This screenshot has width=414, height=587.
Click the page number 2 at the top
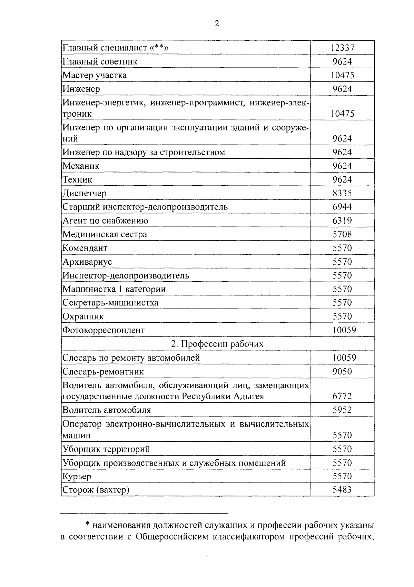tap(217, 23)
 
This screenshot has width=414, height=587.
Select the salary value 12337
tap(342, 48)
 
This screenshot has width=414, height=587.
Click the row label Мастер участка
tap(95, 75)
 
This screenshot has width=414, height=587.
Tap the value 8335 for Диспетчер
tap(342, 193)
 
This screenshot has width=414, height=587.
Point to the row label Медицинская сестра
tap(105, 234)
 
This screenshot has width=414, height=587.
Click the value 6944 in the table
tap(342, 207)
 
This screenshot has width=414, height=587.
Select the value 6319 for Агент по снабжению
tap(342, 221)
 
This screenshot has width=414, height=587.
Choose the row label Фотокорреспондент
tap(103, 330)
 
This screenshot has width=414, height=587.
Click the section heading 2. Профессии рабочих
tap(217, 344)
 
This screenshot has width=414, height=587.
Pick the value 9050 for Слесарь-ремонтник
tap(342, 372)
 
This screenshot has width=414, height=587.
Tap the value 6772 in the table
tap(342, 396)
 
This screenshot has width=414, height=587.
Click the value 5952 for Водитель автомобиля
tap(342, 410)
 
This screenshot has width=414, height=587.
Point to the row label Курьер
tap(77, 477)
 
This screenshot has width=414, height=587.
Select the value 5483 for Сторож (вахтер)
tap(342, 490)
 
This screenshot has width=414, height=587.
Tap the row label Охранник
tap(83, 316)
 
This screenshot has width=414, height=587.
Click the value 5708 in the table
tap(342, 234)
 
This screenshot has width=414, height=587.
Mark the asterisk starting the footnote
tap(87, 525)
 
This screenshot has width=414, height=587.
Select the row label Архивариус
tap(87, 262)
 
